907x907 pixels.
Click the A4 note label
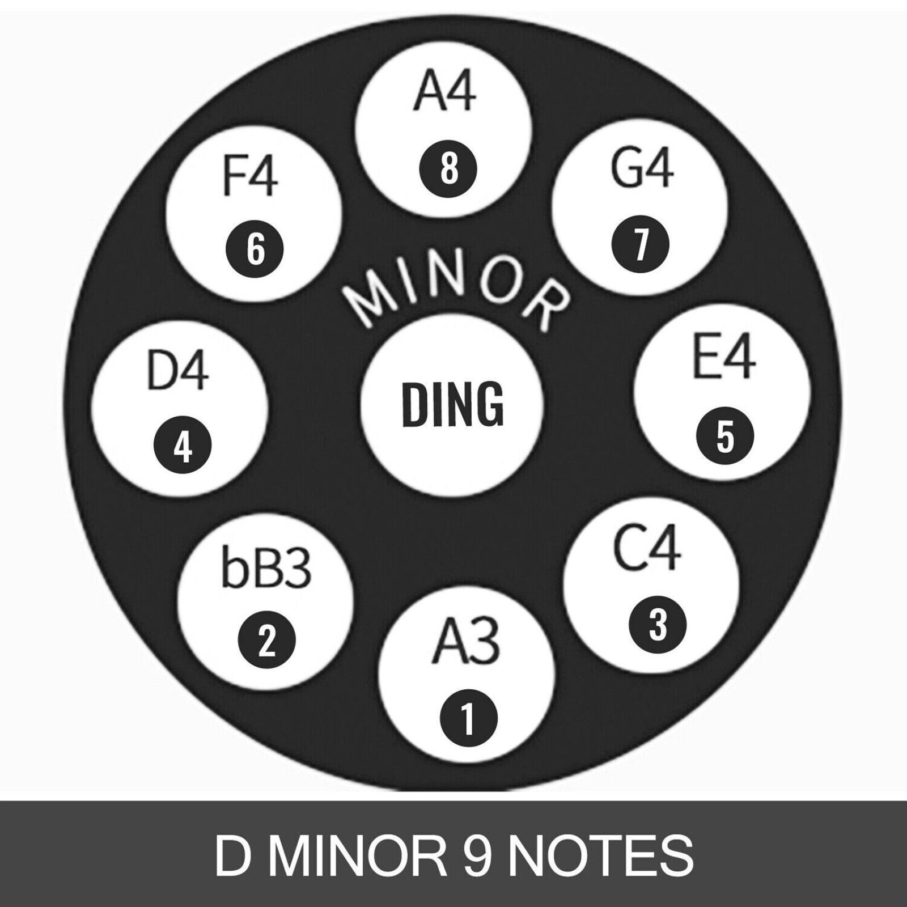pyautogui.click(x=445, y=92)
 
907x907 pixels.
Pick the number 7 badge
pyautogui.click(x=641, y=244)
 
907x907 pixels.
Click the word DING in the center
pyautogui.click(x=452, y=405)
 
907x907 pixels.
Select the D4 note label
pyautogui.click(x=177, y=370)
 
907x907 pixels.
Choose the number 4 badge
pyautogui.click(x=183, y=448)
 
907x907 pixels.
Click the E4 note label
pyautogui.click(x=724, y=358)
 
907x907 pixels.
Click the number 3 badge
pyautogui.click(x=658, y=625)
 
